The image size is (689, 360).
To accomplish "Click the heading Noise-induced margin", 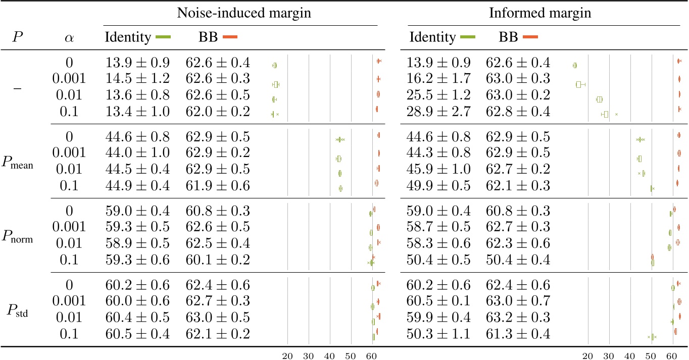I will point(242,14).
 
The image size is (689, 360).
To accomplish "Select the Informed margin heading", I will point(540,14).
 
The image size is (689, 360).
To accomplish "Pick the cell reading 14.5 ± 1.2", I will point(138,78).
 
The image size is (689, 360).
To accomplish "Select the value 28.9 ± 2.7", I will point(438,112).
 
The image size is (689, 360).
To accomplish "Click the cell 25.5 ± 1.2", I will point(438,95).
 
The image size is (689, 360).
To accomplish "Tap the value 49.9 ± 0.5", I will point(438,186).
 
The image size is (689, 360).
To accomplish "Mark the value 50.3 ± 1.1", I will point(438,334).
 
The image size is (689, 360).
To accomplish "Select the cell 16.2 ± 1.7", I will point(438,78).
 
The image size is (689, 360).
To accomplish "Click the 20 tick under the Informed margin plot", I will point(588,355).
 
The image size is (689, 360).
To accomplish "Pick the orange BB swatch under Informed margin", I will point(530,37).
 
